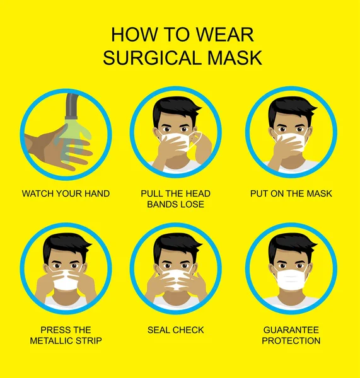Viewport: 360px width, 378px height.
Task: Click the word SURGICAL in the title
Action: [152, 58]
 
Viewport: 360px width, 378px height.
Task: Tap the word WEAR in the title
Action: [224, 35]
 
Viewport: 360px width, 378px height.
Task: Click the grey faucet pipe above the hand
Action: [72, 106]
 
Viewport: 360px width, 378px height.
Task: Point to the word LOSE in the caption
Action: [192, 204]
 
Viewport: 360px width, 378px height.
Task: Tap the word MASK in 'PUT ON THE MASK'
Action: [319, 193]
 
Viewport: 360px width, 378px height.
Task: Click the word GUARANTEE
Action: [291, 330]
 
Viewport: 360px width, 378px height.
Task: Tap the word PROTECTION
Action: [291, 341]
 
